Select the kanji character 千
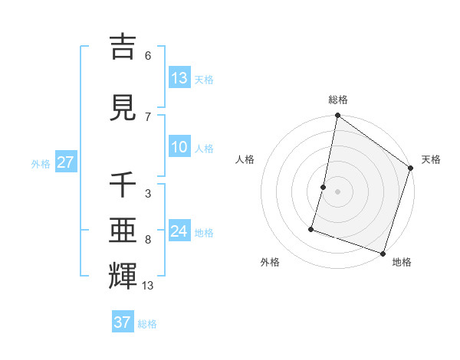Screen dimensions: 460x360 click(123, 185)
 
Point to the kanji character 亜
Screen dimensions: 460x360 click(123, 231)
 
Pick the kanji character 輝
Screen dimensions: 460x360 click(123, 277)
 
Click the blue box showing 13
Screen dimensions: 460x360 click(179, 78)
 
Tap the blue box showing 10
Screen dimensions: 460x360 click(179, 148)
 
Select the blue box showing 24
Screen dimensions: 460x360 click(179, 231)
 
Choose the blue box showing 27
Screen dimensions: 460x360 click(65, 163)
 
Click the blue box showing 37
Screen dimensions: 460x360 click(123, 322)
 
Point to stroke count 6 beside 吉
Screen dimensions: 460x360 click(148, 55)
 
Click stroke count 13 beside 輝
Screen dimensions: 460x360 click(148, 286)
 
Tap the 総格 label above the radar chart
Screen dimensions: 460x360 click(337, 100)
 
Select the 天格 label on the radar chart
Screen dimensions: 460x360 click(431, 159)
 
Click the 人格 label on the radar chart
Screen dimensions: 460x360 click(245, 159)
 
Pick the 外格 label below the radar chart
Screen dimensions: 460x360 click(270, 262)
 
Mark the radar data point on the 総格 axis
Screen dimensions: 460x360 click(337, 116)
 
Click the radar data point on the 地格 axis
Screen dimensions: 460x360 click(383, 253)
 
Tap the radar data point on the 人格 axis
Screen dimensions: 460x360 click(324, 187)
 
